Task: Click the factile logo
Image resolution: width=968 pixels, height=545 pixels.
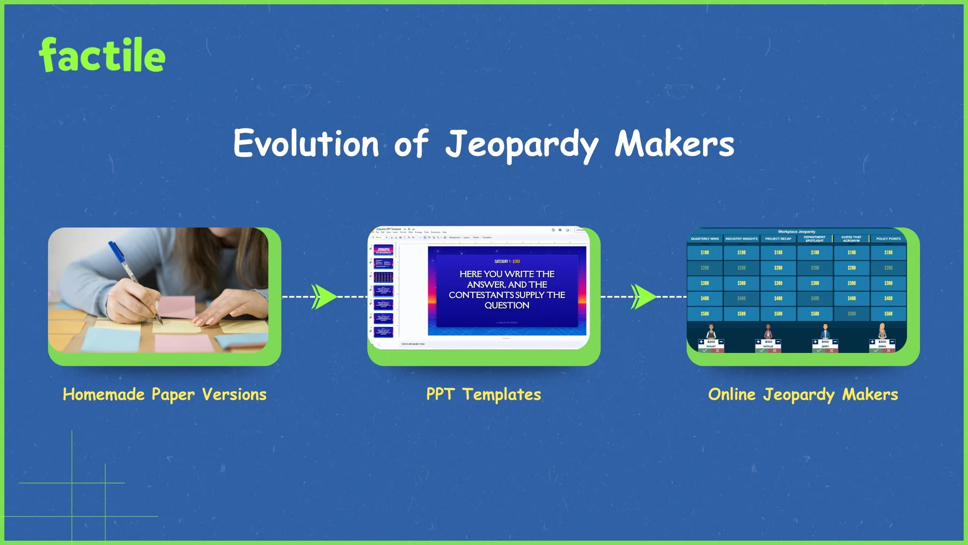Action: pos(102,55)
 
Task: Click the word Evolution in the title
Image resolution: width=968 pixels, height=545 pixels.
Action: pos(306,144)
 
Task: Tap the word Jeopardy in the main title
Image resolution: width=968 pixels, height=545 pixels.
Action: pos(522,144)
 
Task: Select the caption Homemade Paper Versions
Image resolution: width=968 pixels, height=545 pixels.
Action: pos(164,394)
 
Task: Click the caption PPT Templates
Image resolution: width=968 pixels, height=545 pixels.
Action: pos(484,394)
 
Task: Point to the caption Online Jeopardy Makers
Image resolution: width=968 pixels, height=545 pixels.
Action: pos(803,394)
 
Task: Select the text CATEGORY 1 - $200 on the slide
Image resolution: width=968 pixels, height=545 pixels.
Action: pos(507,261)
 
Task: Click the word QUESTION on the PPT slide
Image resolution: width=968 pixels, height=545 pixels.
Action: pos(507,305)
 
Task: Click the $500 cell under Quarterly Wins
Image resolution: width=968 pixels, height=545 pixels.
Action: pos(704,314)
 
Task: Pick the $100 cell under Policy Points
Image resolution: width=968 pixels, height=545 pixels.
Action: pos(888,252)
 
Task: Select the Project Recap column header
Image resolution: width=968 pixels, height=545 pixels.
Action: pos(778,239)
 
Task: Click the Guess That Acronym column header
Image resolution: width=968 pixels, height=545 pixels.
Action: pos(851,239)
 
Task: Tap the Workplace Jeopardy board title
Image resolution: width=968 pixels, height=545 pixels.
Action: pos(796,232)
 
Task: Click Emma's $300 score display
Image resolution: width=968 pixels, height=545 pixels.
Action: pos(882,342)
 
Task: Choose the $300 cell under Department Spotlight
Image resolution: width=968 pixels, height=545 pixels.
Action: pos(815,283)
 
